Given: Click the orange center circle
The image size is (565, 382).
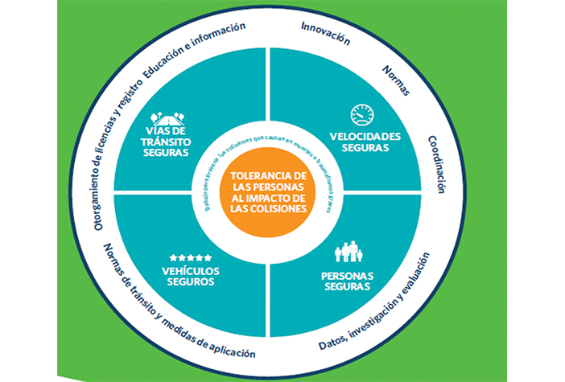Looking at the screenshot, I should click(267, 191).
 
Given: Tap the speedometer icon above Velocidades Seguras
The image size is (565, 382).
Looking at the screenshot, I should click(362, 114).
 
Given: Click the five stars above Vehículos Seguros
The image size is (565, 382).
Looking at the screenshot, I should click(190, 257).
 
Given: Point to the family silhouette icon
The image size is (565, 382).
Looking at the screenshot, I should click(348, 252).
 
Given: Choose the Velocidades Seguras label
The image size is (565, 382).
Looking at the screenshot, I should click(365, 141).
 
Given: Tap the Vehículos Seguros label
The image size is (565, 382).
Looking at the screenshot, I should click(190, 276).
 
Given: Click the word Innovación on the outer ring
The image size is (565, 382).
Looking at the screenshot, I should click(325, 36).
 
